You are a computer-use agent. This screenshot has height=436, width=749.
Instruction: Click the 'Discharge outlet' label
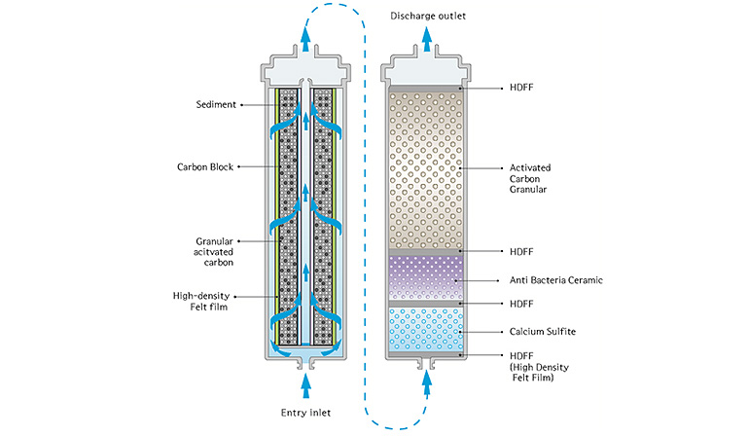coord(429,16)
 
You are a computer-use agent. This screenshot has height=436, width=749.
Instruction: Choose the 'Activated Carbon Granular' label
coord(529,178)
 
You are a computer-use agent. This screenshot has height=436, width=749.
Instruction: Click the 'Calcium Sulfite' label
coord(538,332)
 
